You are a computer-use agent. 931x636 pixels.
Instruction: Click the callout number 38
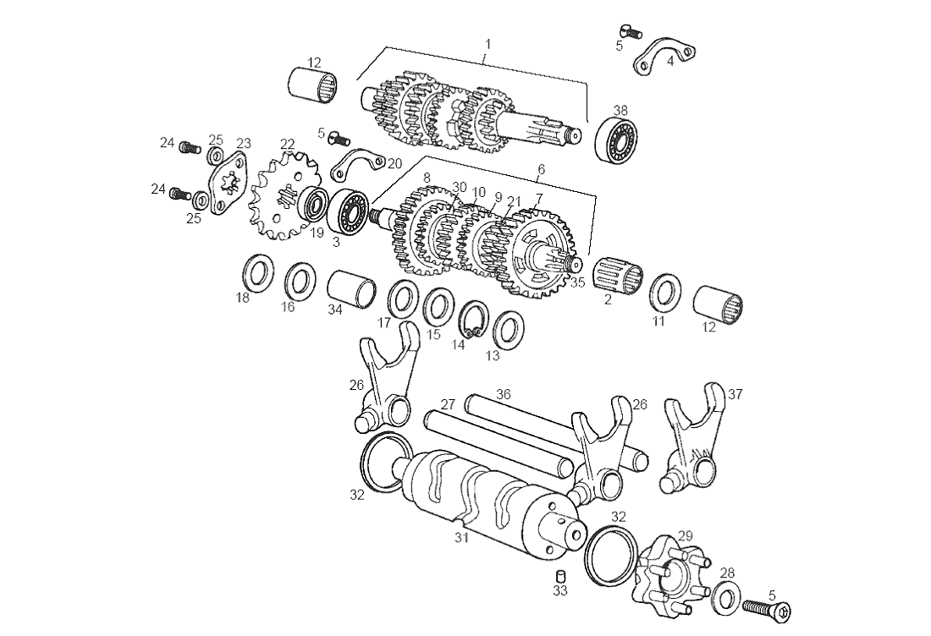tap(620, 110)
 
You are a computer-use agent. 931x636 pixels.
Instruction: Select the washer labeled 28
tap(725, 595)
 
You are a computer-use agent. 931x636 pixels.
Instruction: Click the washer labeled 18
tap(258, 272)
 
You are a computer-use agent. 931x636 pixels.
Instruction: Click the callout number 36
tap(504, 393)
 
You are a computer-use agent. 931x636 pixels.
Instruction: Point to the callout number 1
tap(488, 42)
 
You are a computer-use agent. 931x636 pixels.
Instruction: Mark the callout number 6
tap(541, 169)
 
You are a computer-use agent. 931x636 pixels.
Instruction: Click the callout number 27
tap(448, 403)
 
